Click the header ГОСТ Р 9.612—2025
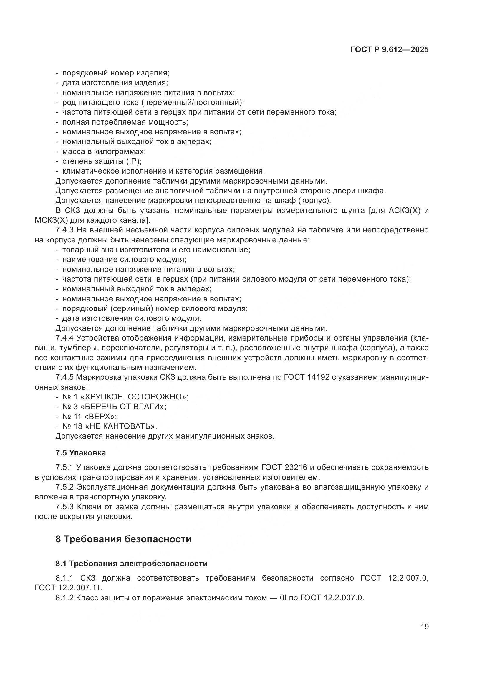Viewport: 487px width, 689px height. tap(389, 49)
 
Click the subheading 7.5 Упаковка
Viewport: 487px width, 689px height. tap(80, 452)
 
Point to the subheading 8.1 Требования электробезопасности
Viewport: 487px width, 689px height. tap(131, 563)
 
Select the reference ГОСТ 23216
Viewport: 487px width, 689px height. tap(284, 467)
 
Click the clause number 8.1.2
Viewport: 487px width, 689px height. tap(64, 597)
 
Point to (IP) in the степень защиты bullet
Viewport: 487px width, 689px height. tap(133, 161)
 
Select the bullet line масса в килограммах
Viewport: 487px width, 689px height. tap(104, 151)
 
